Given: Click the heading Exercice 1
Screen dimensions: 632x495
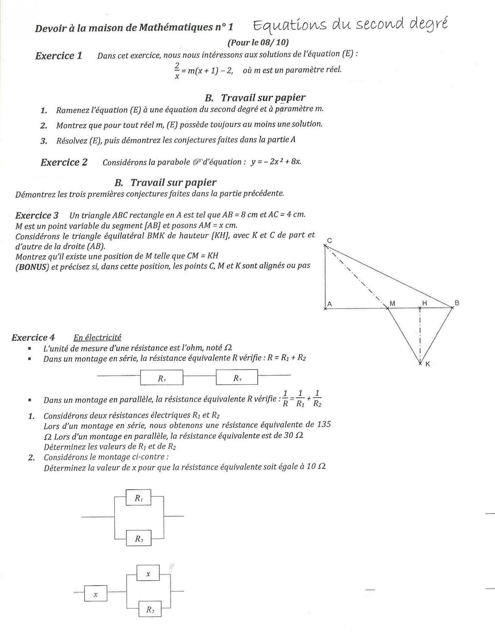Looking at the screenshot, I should (x=58, y=56).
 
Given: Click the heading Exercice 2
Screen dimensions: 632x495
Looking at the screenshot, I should (x=64, y=162).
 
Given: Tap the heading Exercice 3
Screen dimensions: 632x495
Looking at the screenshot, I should (x=37, y=216).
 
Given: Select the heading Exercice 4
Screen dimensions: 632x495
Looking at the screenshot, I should (x=33, y=337).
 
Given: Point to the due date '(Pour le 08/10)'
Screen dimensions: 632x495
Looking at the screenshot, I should (x=258, y=42).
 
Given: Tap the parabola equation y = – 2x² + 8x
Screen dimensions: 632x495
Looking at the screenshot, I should (x=276, y=162).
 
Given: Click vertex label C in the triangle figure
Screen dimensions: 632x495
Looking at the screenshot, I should (x=329, y=241).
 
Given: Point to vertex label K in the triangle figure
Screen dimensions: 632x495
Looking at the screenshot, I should (x=428, y=364).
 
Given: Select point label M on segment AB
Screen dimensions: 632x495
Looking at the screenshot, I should (x=392, y=303).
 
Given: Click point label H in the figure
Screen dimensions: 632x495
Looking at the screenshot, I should (x=425, y=303).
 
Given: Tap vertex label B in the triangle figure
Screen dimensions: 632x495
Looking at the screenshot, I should (x=457, y=303).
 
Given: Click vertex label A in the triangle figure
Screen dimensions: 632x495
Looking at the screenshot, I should (x=329, y=304).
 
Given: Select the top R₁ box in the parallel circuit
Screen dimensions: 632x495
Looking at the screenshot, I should (x=138, y=498).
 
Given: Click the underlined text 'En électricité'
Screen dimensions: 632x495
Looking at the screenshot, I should (x=97, y=337).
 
